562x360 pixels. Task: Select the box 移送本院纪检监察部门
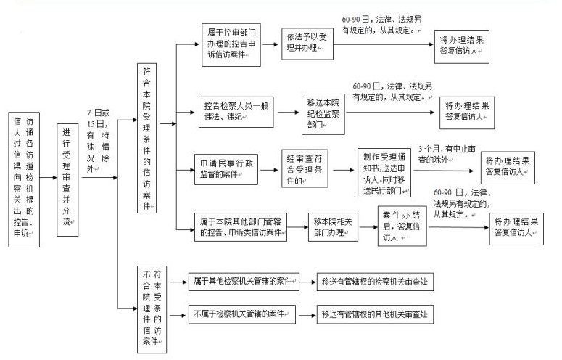pyautogui.click(x=324, y=112)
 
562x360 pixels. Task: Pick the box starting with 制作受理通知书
pyautogui.click(x=384, y=173)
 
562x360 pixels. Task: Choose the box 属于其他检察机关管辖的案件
pyautogui.click(x=243, y=281)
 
